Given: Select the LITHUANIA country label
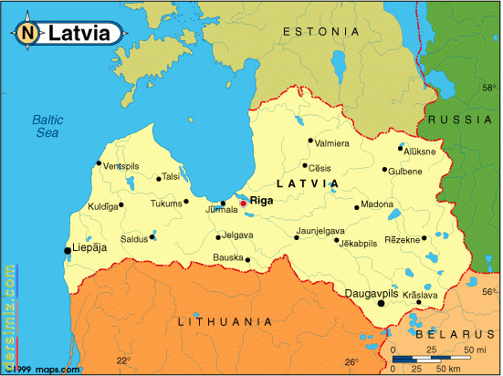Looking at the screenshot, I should tap(225, 321).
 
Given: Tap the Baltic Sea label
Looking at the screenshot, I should tap(46, 126).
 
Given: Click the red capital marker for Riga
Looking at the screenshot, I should tap(243, 204).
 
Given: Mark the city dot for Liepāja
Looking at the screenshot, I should tap(67, 250).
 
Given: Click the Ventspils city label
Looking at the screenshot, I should tap(121, 166).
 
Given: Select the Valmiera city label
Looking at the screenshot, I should tap(331, 143).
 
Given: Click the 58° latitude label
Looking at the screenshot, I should tap(488, 90).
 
